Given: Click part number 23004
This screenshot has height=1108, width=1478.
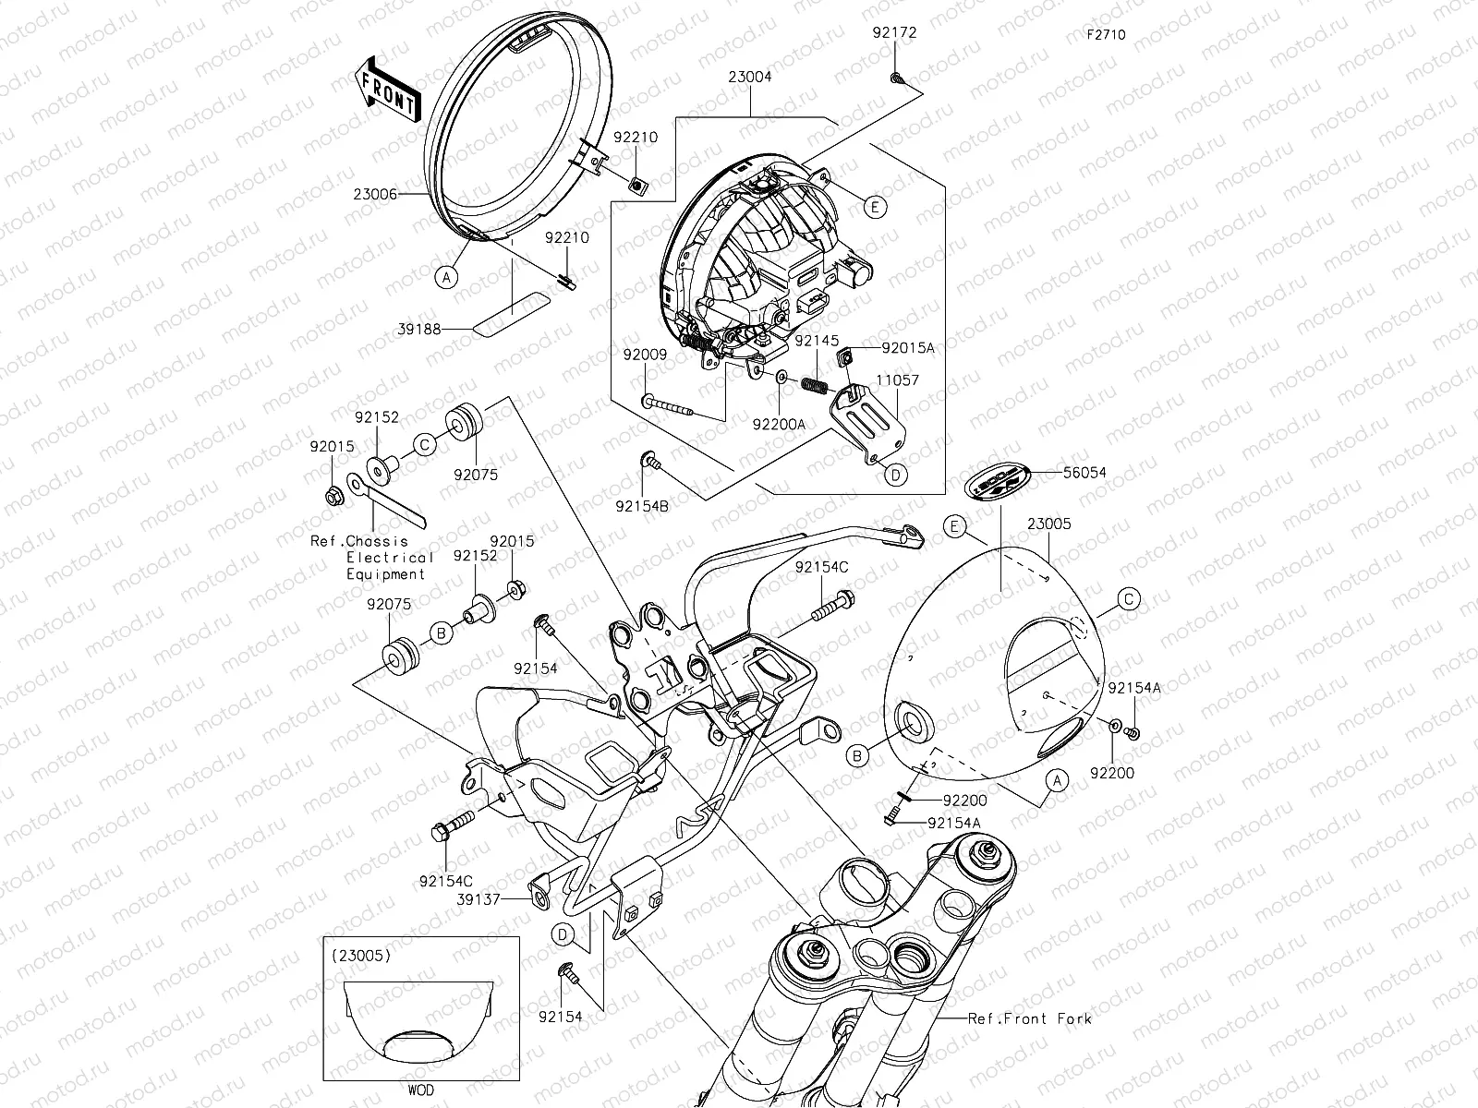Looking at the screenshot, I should (x=750, y=78).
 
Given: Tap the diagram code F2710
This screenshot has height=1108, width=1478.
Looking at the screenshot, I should (x=1106, y=35).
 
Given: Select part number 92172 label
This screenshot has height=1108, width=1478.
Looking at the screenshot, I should (x=894, y=33).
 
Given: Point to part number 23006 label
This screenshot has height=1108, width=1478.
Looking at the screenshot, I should (x=375, y=195).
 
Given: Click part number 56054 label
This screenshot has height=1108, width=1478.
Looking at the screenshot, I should (x=1084, y=473).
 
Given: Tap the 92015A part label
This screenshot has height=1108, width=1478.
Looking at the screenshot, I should (x=908, y=348).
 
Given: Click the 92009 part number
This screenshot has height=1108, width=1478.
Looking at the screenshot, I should (x=644, y=355).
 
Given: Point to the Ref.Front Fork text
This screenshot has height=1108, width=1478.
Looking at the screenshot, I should (x=1029, y=1018).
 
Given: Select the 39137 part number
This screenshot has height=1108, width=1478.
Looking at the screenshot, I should (x=479, y=897).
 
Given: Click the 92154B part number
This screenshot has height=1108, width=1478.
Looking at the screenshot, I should (x=643, y=506).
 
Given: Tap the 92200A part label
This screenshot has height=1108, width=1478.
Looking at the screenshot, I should (x=779, y=424).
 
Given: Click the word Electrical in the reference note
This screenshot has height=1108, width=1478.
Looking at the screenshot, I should (x=389, y=558).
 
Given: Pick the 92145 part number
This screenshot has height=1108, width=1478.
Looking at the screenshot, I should (x=817, y=340).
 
